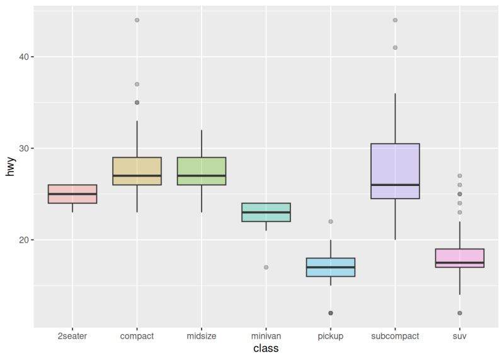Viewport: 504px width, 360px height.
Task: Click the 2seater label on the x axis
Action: (72, 336)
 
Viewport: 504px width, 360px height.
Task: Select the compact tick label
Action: (137, 336)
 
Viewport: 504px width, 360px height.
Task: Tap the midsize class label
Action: (202, 336)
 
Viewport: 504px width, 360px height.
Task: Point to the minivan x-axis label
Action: (266, 336)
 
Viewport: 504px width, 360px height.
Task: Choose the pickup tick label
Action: (331, 336)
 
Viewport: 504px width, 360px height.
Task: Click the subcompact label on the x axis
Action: (395, 336)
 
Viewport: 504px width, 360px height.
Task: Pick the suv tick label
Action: (460, 336)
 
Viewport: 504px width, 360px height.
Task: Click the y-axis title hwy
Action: (9, 166)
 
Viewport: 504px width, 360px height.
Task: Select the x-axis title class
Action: (266, 349)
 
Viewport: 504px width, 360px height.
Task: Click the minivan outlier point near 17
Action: (266, 267)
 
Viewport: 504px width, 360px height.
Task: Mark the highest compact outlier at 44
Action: (137, 20)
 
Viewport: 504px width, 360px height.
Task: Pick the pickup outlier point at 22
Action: (331, 221)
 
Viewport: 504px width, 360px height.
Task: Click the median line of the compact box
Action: (137, 176)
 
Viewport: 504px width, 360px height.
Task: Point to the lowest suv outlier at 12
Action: (460, 313)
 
